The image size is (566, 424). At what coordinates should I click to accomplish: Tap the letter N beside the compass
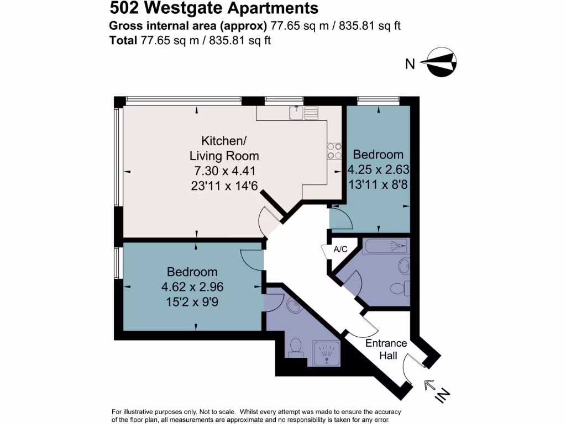coord(410,64)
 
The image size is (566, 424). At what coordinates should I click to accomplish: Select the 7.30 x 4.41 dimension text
coord(224,170)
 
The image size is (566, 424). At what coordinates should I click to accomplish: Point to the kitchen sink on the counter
coord(303,113)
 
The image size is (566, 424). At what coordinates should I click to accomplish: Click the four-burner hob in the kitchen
coord(335,151)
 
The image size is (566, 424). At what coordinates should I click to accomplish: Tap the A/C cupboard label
coord(340,250)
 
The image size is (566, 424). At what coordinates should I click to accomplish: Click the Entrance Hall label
coord(386,349)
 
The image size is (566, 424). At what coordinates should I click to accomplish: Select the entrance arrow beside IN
coord(429,384)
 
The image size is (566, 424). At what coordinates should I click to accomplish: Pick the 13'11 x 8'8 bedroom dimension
coord(378,184)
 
